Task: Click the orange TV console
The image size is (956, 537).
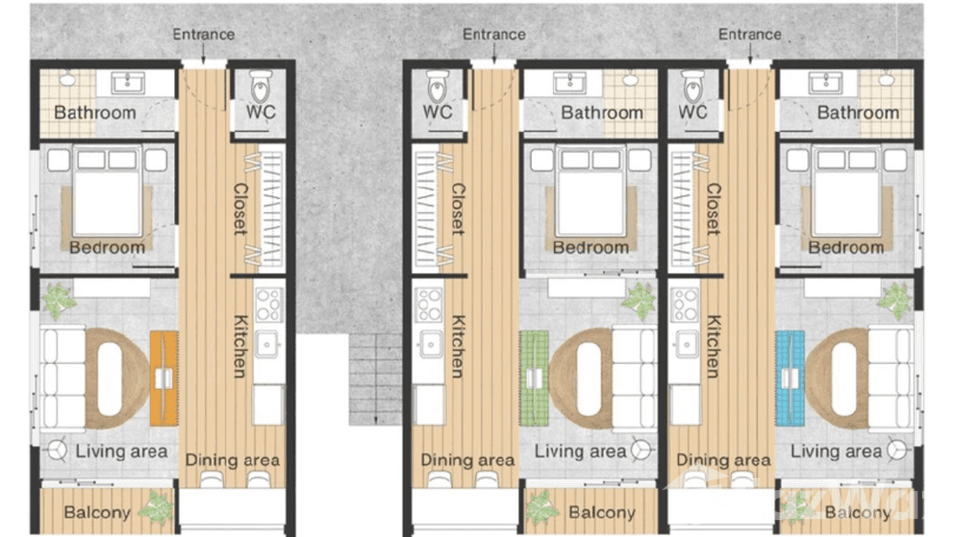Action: [x=164, y=378]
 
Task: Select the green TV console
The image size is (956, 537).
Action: [x=534, y=378]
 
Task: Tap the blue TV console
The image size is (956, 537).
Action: [x=790, y=378]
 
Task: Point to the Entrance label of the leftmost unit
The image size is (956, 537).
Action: [x=204, y=35]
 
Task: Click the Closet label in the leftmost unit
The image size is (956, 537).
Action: [x=240, y=209]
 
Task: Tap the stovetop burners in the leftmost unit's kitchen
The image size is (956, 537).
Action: [x=269, y=304]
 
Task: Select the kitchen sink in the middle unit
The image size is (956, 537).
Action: [x=430, y=344]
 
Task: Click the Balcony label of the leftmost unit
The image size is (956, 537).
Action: [x=98, y=512]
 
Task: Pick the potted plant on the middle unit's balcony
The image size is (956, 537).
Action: [x=541, y=508]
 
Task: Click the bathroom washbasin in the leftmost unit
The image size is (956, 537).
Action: [x=128, y=83]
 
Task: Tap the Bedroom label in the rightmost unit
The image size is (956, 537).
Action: [x=846, y=247]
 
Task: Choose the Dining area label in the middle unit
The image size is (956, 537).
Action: [x=467, y=460]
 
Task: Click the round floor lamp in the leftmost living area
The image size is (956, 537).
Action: [x=57, y=450]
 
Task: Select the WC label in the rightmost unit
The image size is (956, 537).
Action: [x=692, y=113]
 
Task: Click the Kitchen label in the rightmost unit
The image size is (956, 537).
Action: [x=713, y=346]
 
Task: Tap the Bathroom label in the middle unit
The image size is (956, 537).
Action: [x=602, y=113]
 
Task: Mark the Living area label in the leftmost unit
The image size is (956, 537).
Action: [x=121, y=452]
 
